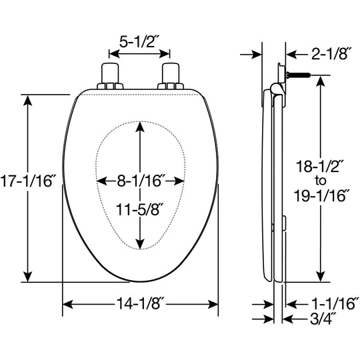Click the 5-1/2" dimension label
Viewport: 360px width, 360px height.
139,42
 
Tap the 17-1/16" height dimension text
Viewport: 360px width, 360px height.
27,181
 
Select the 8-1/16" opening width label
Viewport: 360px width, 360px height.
141,181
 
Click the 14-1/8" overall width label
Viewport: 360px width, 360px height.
140,303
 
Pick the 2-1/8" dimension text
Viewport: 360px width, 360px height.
331,54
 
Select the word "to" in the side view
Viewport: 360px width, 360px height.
321,181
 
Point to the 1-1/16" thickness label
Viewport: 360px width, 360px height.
333,303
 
